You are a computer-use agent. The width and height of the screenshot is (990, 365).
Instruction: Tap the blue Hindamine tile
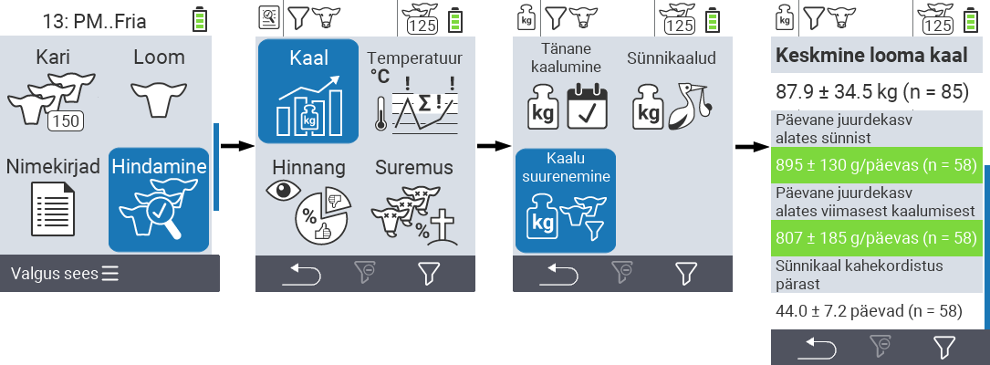(x=160, y=200)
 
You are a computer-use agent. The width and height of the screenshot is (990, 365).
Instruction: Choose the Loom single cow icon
(x=159, y=97)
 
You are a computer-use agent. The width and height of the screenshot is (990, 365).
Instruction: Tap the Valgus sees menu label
(x=65, y=274)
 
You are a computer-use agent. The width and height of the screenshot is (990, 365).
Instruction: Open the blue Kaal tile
(x=307, y=91)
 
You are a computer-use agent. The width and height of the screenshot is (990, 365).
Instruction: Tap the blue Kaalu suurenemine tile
(x=565, y=200)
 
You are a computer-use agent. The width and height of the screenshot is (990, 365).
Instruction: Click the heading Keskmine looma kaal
(x=870, y=56)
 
